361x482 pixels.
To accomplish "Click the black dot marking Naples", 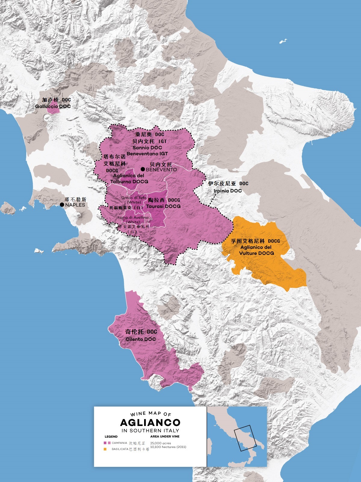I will [x=62, y=205].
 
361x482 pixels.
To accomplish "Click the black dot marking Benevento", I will [x=143, y=169].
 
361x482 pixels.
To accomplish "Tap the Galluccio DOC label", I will [x=53, y=106].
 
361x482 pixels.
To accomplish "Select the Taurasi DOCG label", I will [x=163, y=206].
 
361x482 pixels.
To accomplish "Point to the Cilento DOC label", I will [x=140, y=339].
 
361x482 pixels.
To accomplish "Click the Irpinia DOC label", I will [x=228, y=191].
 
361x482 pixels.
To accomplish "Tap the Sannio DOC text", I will [x=147, y=148].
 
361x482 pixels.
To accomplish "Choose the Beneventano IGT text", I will [x=147, y=154].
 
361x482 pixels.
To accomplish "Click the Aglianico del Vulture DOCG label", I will [x=256, y=250].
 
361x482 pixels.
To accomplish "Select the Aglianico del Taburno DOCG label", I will [x=129, y=179].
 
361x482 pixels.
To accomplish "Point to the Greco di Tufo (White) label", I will [x=134, y=200].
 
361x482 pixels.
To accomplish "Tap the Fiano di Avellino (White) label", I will [x=133, y=219].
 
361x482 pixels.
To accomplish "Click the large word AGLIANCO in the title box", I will [x=150, y=422].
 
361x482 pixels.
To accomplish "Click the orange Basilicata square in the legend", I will [x=105, y=449].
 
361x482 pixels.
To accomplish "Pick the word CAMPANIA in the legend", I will [x=119, y=443].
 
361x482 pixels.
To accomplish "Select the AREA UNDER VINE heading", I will [x=165, y=436].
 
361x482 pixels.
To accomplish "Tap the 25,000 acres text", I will [x=161, y=443].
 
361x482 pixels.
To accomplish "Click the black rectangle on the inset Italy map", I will [x=245, y=438].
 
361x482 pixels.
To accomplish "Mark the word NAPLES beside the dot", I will [x=75, y=205].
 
